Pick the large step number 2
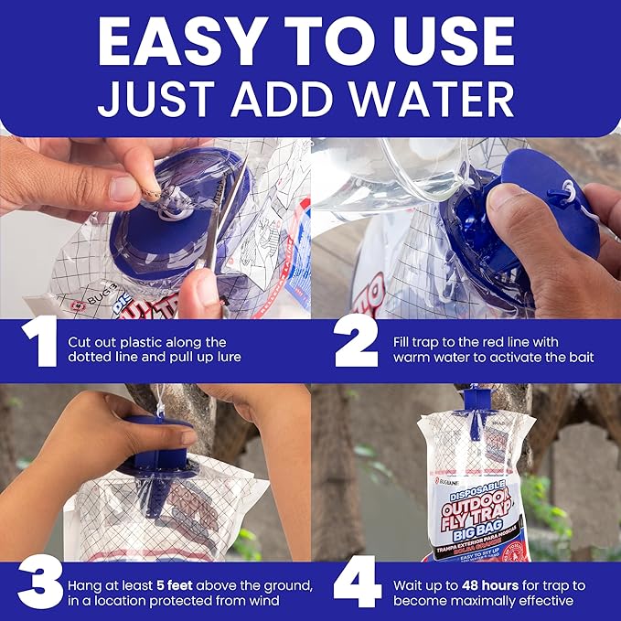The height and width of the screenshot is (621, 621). click(x=357, y=348)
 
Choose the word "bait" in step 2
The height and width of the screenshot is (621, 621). click(x=577, y=357)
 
